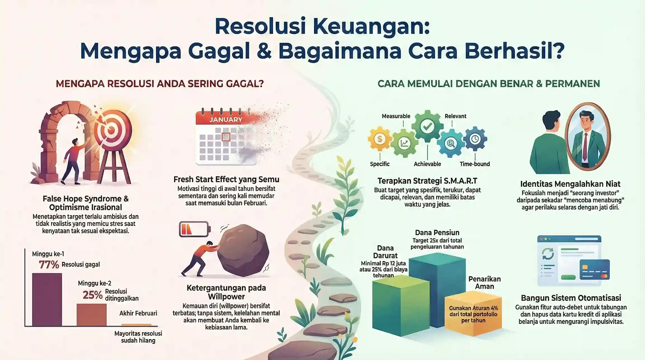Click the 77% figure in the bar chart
(49, 264)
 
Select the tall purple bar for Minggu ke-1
(47, 299)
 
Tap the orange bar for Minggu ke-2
(91, 315)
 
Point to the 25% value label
(93, 295)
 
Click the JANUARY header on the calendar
(226, 120)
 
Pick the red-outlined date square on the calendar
(226, 137)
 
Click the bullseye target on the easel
(111, 130)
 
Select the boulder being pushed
(243, 250)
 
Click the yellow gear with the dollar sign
(380, 139)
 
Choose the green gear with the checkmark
(427, 127)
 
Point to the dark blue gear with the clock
(475, 139)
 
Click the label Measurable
(396, 116)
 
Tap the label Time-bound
(475, 164)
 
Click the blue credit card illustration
(595, 270)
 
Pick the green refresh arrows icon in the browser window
(548, 254)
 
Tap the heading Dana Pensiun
(437, 232)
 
